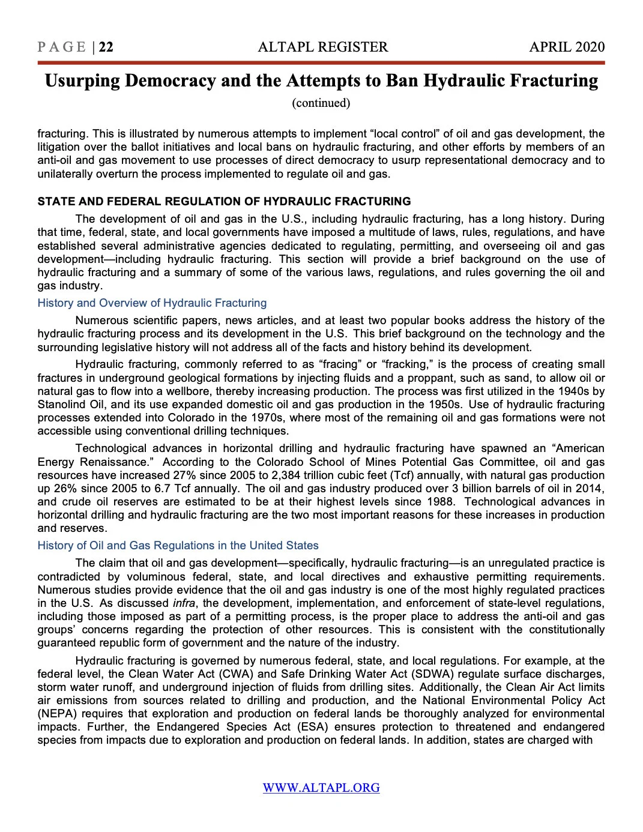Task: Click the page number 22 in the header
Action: [x=106, y=47]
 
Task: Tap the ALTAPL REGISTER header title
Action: [x=322, y=47]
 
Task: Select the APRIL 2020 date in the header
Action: [x=567, y=47]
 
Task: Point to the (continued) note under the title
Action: [x=321, y=103]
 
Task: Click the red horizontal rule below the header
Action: [x=321, y=62]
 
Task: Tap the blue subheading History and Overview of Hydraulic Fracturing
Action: [x=152, y=303]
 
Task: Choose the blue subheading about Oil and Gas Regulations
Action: [x=178, y=546]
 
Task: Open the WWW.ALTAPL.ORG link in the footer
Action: [x=321, y=788]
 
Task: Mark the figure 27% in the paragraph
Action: [x=185, y=475]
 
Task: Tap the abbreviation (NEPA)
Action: [x=56, y=714]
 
